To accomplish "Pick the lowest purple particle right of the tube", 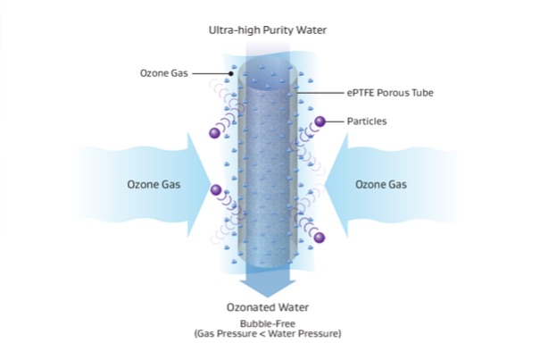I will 320,237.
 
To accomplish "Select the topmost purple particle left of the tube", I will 214,134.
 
